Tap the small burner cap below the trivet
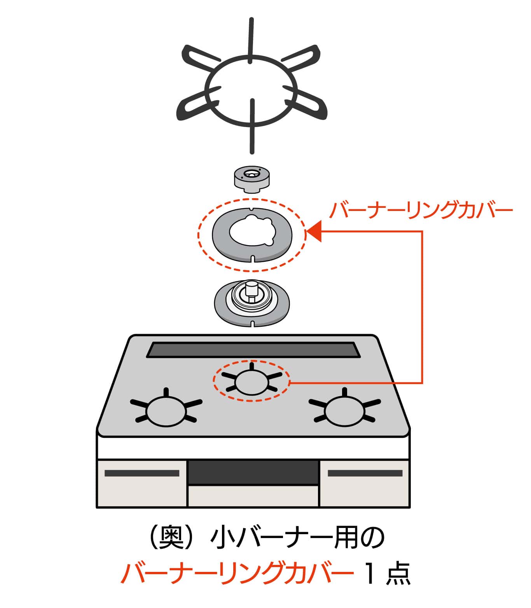[x=252, y=179]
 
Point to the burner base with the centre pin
[x=252, y=301]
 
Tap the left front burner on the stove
[x=166, y=411]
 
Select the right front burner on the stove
[x=344, y=411]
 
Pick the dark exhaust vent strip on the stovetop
[x=253, y=350]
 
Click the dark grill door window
[x=253, y=472]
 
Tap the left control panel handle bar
[x=142, y=473]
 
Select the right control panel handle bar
[x=365, y=473]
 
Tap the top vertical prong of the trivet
[x=252, y=39]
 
